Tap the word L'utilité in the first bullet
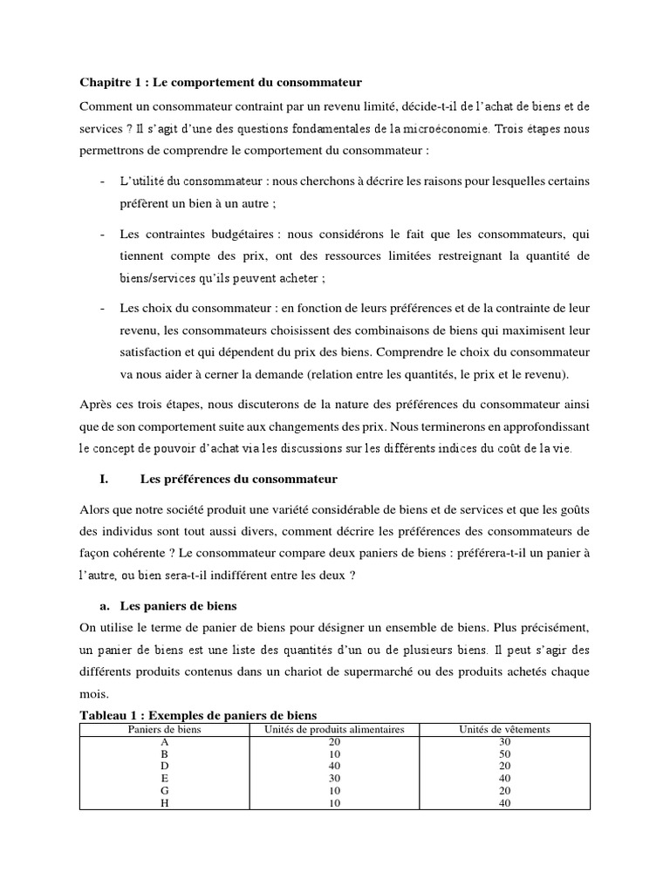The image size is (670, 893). tap(141, 181)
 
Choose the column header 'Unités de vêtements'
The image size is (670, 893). tap(505, 729)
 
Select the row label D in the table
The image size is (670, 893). tap(165, 767)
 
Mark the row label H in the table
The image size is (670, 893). tap(165, 803)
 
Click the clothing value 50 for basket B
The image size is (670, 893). tap(505, 754)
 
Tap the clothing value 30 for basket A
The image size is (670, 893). tap(505, 741)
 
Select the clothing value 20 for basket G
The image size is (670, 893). tap(505, 791)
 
